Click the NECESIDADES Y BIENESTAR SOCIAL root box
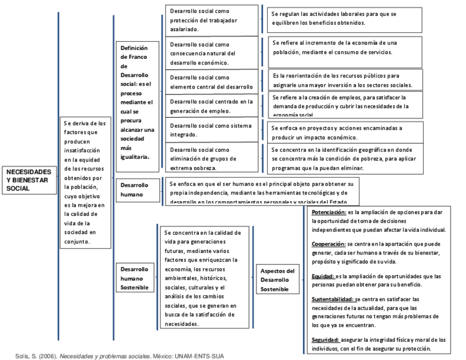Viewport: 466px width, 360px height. (x=29, y=180)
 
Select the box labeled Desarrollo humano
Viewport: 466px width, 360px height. (x=135, y=190)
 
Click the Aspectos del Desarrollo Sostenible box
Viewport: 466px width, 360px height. (x=278, y=280)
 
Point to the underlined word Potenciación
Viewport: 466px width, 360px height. (x=329, y=212)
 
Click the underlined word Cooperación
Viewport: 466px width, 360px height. (x=328, y=243)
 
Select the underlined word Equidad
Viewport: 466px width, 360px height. (x=323, y=276)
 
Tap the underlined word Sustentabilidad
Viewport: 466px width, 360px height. (x=332, y=299)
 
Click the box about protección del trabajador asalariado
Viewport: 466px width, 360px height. (x=212, y=20)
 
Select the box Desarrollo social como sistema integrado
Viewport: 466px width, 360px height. (x=212, y=130)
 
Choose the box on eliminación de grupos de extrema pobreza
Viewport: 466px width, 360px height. (x=212, y=158)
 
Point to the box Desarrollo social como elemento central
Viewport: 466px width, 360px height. (x=212, y=82)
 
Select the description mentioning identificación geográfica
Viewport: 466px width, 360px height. (x=346, y=158)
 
